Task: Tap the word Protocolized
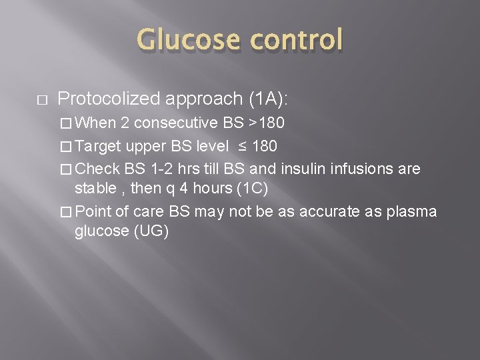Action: pyautogui.click(x=109, y=99)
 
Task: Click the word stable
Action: pyautogui.click(x=95, y=188)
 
